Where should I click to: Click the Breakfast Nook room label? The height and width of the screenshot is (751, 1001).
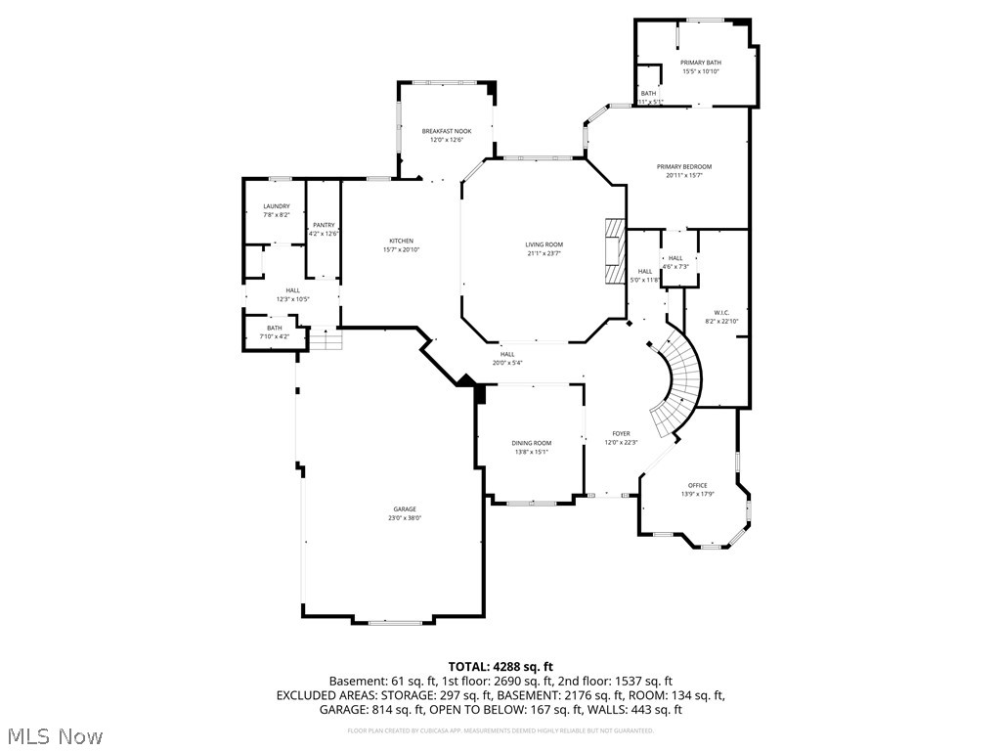pyautogui.click(x=446, y=131)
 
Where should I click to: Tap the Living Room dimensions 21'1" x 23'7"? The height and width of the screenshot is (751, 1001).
pyautogui.click(x=544, y=254)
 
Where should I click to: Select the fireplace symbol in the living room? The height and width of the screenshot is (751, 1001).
pyautogui.click(x=614, y=251)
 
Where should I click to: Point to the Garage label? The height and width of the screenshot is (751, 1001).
pyautogui.click(x=405, y=508)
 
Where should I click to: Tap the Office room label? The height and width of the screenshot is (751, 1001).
pyautogui.click(x=697, y=485)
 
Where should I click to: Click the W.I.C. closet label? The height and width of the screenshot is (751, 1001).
pyautogui.click(x=721, y=313)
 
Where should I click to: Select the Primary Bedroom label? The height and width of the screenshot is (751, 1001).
pyautogui.click(x=684, y=166)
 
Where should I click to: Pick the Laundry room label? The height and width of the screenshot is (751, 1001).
pyautogui.click(x=277, y=206)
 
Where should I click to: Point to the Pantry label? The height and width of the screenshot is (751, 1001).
pyautogui.click(x=324, y=225)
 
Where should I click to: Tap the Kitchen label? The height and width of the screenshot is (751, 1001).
pyautogui.click(x=401, y=241)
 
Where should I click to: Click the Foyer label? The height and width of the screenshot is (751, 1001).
pyautogui.click(x=621, y=433)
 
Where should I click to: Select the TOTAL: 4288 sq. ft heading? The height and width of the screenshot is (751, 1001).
pyautogui.click(x=500, y=666)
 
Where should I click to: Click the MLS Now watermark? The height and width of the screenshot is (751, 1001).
pyautogui.click(x=54, y=735)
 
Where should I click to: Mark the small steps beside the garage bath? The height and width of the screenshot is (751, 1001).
pyautogui.click(x=326, y=340)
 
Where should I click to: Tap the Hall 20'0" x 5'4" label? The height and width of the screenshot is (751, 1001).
pyautogui.click(x=508, y=355)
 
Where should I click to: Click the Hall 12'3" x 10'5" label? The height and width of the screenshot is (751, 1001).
pyautogui.click(x=292, y=290)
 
